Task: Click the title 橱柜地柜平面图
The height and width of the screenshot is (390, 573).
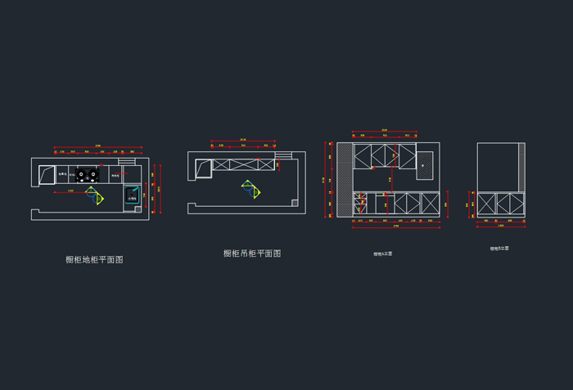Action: pyautogui.click(x=94, y=259)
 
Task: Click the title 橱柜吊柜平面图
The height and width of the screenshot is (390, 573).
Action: pyautogui.click(x=252, y=253)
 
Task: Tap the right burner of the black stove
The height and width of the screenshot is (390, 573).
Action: pyautogui.click(x=92, y=174)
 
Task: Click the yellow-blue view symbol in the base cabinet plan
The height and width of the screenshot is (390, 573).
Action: pyautogui.click(x=97, y=197)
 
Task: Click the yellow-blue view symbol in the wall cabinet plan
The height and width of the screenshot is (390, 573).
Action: pyautogui.click(x=251, y=190)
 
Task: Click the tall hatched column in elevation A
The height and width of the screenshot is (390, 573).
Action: pyautogui.click(x=345, y=181)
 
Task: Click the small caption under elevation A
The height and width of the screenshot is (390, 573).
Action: pyautogui.click(x=383, y=253)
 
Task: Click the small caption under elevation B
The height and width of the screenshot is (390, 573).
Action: pyautogui.click(x=499, y=248)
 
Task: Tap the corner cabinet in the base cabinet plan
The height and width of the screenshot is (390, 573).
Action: pyautogui.click(x=47, y=173)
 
